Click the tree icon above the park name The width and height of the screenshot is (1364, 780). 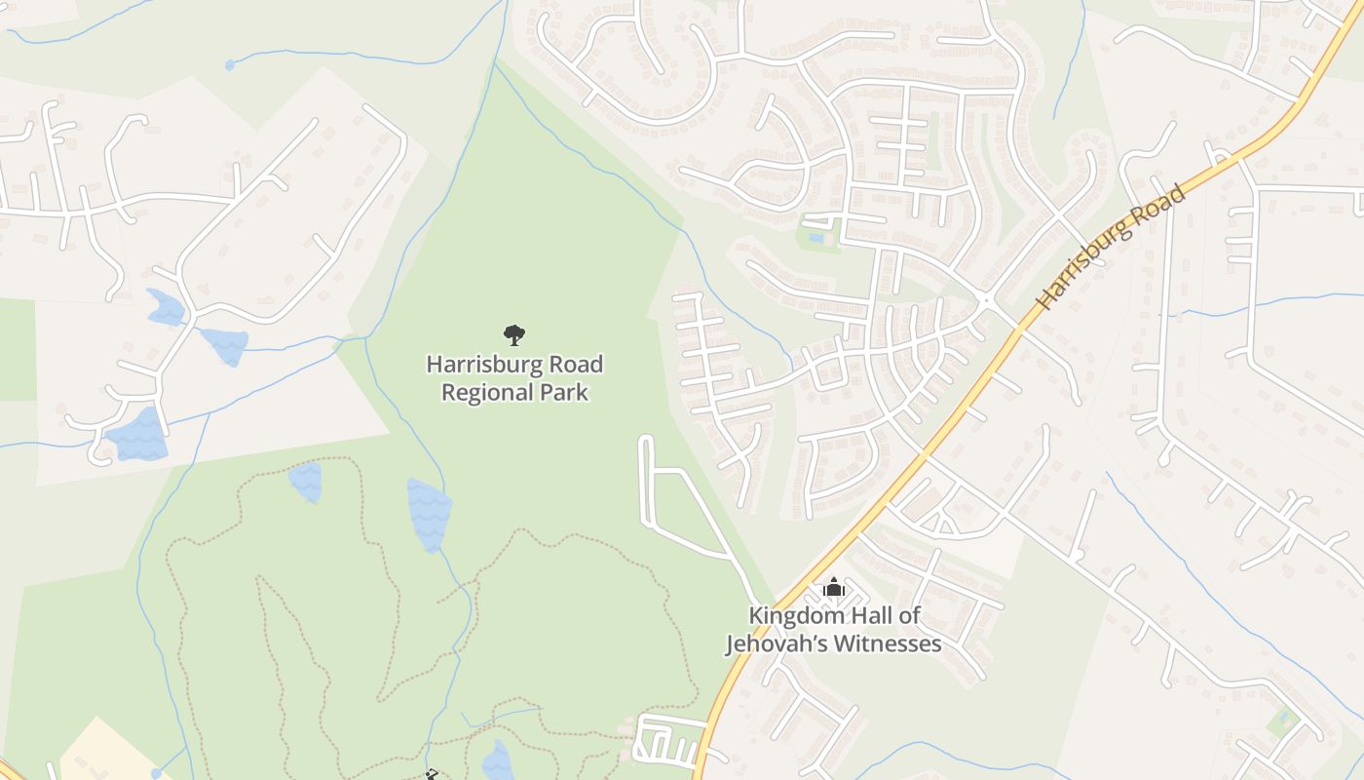[x=514, y=335]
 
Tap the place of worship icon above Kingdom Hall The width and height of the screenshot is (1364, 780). [x=833, y=587]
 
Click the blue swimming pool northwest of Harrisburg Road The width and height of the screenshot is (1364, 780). [x=815, y=237]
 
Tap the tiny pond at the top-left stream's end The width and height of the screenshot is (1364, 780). [x=230, y=65]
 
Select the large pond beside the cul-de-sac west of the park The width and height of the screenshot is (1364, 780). [x=137, y=435]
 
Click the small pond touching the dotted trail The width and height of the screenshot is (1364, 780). [x=305, y=482]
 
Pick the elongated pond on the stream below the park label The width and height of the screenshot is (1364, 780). [x=429, y=513]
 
